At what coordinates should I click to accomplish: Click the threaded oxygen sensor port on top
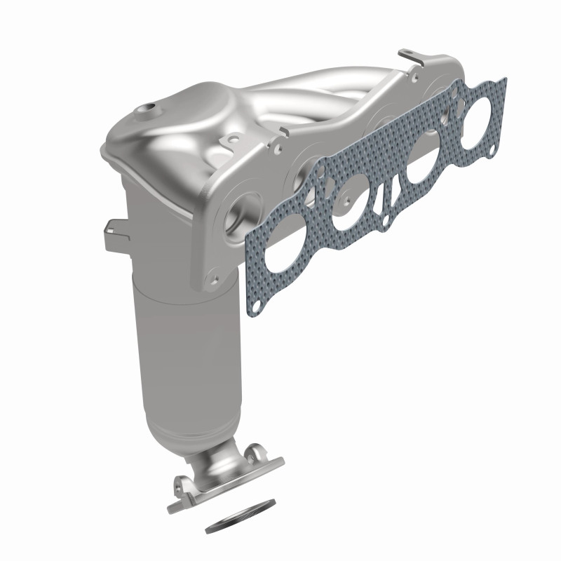[x=148, y=109]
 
